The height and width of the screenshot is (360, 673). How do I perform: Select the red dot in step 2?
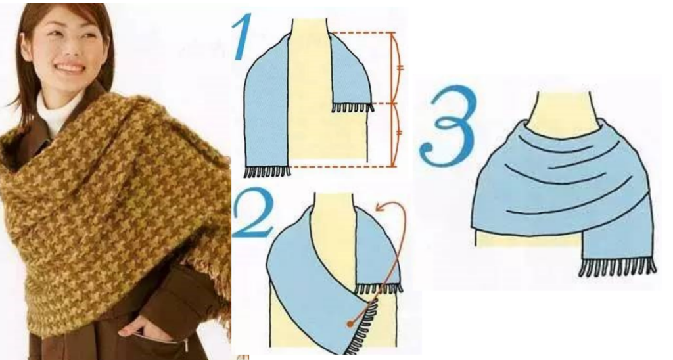[x=348, y=323]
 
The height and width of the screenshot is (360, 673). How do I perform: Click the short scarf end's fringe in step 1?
[x=352, y=107]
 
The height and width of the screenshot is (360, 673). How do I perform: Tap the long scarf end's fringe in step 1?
[x=267, y=172]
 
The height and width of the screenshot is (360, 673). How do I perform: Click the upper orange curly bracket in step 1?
[x=398, y=67]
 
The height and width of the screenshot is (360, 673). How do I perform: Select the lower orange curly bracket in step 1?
[x=398, y=134]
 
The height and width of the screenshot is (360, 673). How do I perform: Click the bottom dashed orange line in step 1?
[x=342, y=167]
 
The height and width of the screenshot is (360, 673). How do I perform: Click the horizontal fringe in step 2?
[x=379, y=288]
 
